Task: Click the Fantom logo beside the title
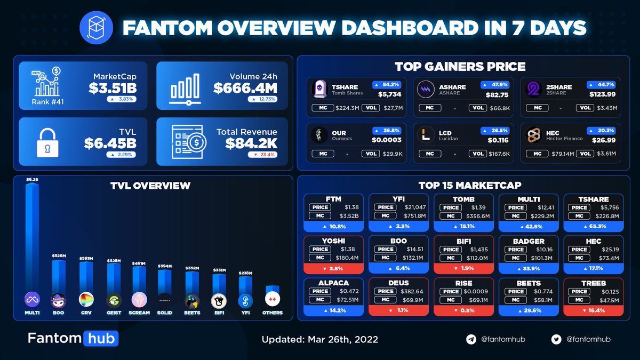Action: click(94, 27)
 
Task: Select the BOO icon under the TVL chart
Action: click(58, 300)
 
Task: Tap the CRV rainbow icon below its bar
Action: click(85, 300)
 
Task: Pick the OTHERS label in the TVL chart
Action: click(272, 313)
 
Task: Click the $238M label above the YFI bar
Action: click(245, 273)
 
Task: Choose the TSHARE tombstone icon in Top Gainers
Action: click(318, 90)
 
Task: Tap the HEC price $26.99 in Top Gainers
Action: click(605, 140)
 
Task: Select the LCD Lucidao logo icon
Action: click(426, 135)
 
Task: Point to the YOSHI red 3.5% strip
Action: click(333, 268)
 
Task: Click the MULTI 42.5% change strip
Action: click(529, 226)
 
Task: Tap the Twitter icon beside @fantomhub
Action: click(557, 339)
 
